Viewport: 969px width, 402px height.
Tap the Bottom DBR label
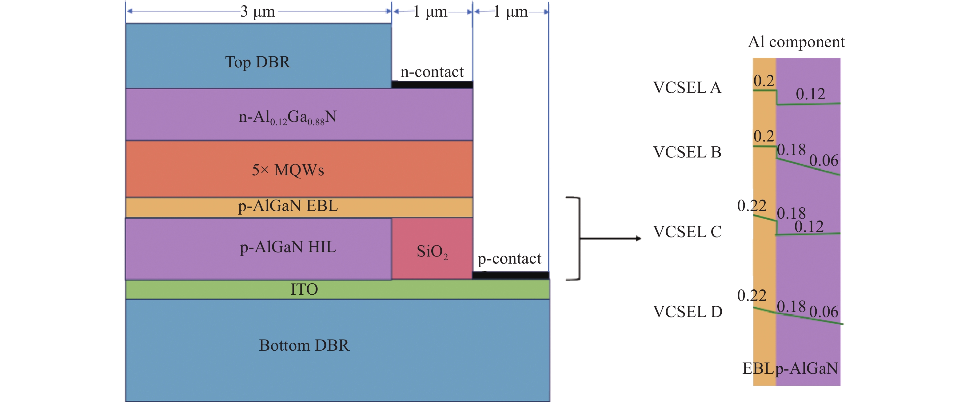point(304,345)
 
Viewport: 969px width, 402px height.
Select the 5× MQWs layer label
point(288,170)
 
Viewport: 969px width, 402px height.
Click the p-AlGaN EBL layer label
point(288,206)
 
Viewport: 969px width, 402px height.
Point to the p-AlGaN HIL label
point(288,247)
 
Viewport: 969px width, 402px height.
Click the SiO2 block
point(432,249)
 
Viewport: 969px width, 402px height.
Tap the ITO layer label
point(304,289)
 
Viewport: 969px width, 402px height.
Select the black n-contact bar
point(432,85)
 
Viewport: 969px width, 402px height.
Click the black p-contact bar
point(510,275)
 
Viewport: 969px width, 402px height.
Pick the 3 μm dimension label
point(258,12)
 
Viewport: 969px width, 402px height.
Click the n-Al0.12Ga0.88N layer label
point(288,117)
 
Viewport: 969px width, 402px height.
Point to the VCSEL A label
point(687,88)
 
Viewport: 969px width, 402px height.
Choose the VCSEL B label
point(687,152)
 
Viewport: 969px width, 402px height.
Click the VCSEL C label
point(687,232)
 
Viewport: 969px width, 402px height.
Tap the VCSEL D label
point(687,312)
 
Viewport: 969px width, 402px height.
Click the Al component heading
point(796,42)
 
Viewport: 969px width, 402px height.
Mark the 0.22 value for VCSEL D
point(752,296)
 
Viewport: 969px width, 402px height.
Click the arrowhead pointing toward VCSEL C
point(638,238)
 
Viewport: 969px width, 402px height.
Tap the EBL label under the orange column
point(758,368)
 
